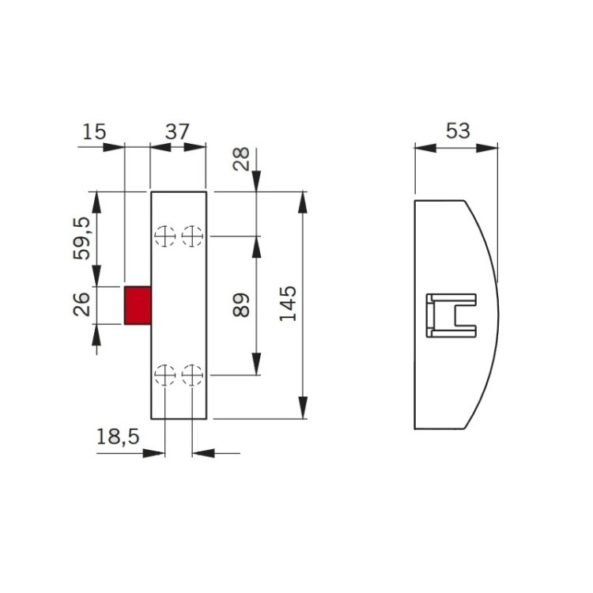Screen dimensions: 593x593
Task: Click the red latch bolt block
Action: (138, 305)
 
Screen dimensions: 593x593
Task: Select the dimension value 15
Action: (94, 131)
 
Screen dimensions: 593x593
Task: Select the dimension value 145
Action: (289, 304)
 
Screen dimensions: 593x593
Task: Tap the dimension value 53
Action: (458, 131)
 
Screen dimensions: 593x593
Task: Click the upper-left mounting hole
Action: (164, 236)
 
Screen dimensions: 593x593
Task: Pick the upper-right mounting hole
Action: (192, 236)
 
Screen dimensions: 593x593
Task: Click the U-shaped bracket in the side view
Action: (451, 315)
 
